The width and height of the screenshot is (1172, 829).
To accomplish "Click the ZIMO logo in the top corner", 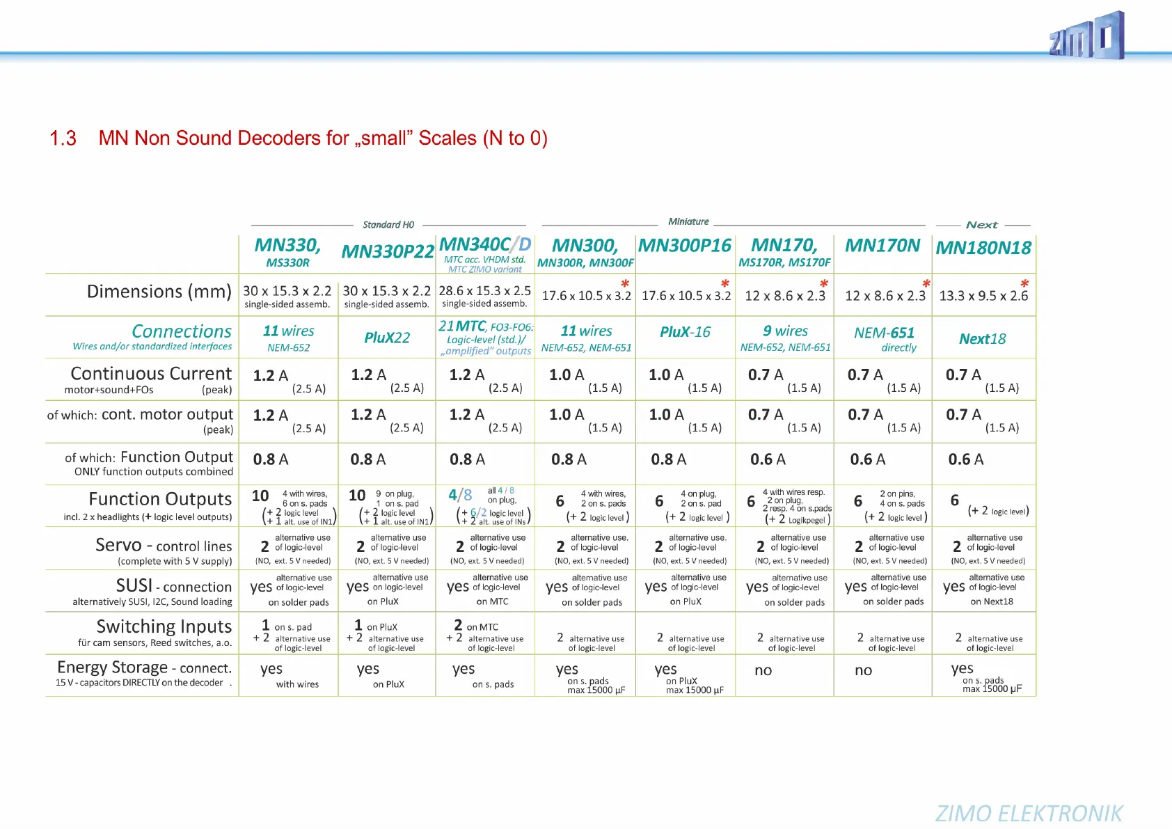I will click(1086, 37).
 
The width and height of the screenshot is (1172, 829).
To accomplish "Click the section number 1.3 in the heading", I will click(63, 139).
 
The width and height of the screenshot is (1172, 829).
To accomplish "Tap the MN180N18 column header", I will click(983, 248).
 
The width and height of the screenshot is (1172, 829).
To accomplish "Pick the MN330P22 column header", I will click(388, 251).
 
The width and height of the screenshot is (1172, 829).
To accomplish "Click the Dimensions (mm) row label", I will click(159, 292).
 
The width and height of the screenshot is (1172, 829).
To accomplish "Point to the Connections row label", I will click(181, 331).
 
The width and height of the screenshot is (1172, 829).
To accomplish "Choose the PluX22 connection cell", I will click(387, 338).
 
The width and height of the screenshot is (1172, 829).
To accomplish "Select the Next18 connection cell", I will click(982, 339).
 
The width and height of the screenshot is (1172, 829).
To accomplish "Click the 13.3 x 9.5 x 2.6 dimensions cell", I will click(983, 296).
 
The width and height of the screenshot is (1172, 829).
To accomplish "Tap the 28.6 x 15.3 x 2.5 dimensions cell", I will click(484, 291).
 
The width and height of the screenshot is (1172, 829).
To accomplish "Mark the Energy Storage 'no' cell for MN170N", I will click(863, 670).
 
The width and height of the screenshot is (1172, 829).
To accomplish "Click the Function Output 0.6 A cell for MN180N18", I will click(965, 459).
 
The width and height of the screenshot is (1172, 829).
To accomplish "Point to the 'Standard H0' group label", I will click(388, 225).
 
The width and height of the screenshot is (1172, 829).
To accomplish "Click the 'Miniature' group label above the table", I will click(688, 221).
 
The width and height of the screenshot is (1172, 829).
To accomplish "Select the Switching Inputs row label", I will click(164, 626).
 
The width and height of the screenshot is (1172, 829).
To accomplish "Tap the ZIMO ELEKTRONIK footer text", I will click(1029, 813).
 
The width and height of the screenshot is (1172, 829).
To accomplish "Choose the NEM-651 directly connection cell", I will click(884, 338).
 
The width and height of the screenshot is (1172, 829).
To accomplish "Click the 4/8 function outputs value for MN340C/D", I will click(460, 495).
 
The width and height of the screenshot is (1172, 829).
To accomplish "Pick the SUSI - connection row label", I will click(173, 586).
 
